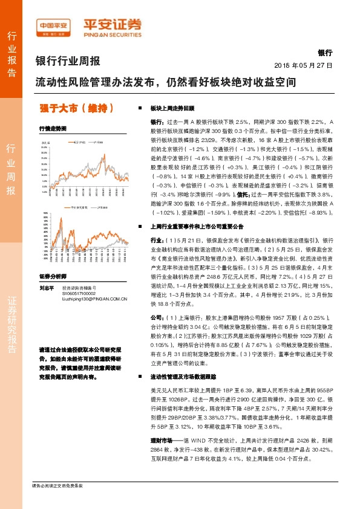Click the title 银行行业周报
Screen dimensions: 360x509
[68, 61]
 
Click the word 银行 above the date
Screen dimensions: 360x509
[324, 53]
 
